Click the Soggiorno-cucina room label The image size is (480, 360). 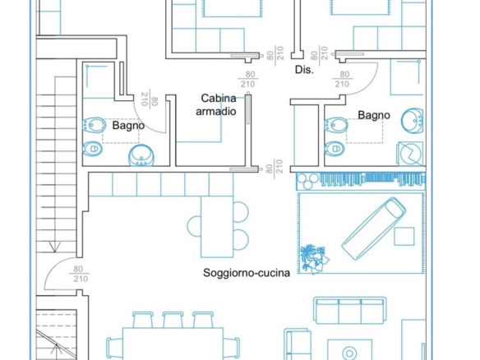click(247, 273)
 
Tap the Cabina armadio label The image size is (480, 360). click(216, 104)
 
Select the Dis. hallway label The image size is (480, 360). click(304, 70)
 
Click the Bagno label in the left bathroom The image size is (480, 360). click(128, 126)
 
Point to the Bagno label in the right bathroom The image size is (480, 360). click(374, 115)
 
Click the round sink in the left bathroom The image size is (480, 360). click(141, 156)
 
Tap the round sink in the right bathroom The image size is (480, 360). click(413, 121)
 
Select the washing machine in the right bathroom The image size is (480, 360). click(410, 154)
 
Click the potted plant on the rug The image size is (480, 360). click(314, 257)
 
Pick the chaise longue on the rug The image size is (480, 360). click(374, 228)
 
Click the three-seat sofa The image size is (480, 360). click(349, 310)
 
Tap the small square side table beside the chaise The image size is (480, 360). click(404, 237)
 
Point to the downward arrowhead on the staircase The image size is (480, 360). click(55, 247)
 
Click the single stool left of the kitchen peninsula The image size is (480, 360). click(194, 226)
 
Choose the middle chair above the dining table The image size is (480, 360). click(173, 320)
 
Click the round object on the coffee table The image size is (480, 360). click(349, 353)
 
